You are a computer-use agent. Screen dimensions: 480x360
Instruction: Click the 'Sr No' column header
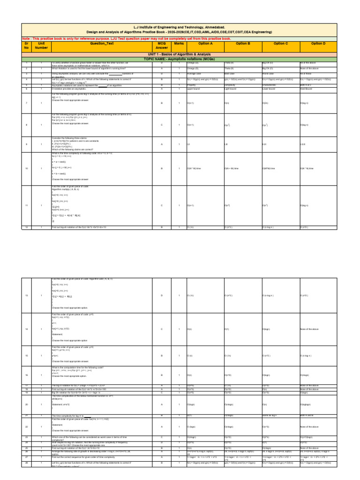[x=27, y=45]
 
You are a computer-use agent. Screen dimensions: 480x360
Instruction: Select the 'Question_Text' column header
[x=102, y=43]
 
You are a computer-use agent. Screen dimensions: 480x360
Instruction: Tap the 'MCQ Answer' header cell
[x=162, y=45]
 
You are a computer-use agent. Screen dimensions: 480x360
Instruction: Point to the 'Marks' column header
[x=179, y=43]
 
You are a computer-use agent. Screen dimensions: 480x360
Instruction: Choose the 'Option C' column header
[x=280, y=43]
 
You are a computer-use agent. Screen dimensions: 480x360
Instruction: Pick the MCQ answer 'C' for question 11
[x=162, y=205]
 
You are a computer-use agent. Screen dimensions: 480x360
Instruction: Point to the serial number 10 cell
[x=27, y=168]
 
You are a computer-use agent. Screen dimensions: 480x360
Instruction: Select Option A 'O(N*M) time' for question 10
[x=195, y=168]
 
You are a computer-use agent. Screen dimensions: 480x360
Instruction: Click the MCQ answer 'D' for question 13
[x=162, y=295]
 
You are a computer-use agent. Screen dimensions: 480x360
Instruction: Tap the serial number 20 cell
[x=27, y=404]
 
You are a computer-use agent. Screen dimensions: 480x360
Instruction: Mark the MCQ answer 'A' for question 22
[x=162, y=427]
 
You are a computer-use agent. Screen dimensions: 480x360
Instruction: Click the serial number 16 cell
[x=27, y=375]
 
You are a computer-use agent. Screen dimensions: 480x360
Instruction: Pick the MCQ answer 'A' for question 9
[x=162, y=144]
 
